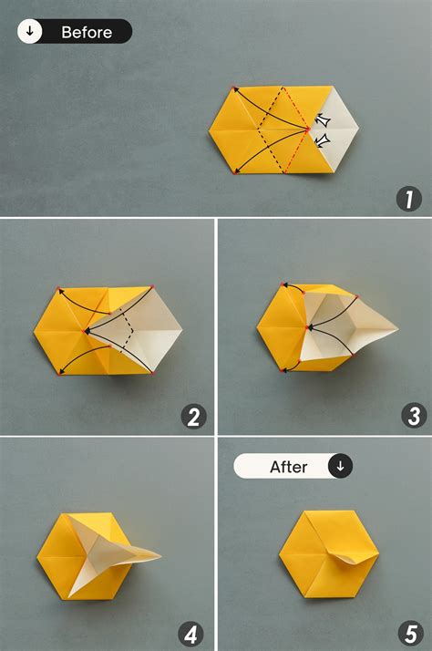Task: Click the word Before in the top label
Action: click(87, 32)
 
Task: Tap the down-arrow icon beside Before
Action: click(30, 32)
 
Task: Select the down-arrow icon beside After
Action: click(340, 467)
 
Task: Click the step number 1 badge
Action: click(409, 199)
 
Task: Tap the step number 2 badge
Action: click(193, 417)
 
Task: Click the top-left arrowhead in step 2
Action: click(60, 292)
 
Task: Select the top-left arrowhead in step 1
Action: click(235, 89)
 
